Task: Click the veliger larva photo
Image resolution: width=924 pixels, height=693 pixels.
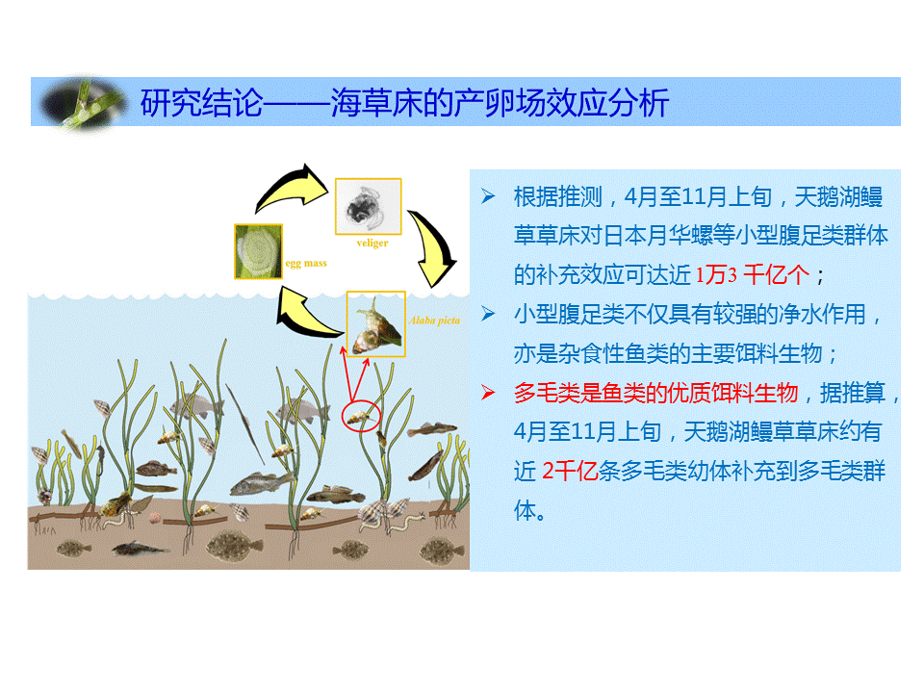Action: click(369, 206)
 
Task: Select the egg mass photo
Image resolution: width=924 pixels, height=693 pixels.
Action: click(258, 251)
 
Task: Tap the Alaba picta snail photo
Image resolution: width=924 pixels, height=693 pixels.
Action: click(376, 324)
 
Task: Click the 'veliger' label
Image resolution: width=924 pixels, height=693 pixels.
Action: click(372, 243)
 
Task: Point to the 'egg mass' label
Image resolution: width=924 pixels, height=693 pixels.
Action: click(306, 263)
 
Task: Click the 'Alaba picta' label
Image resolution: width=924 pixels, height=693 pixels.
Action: click(434, 321)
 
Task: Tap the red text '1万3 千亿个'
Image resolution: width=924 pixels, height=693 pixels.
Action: click(753, 274)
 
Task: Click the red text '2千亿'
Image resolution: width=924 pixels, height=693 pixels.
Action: click(570, 472)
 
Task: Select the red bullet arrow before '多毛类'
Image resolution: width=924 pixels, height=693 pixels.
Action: click(488, 392)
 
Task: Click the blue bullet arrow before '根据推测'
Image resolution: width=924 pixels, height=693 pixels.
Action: click(488, 196)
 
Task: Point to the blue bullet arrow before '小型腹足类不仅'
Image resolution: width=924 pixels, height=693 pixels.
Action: click(488, 314)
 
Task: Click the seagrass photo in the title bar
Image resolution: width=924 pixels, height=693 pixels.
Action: click(83, 103)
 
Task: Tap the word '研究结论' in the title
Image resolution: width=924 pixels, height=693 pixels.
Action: click(201, 103)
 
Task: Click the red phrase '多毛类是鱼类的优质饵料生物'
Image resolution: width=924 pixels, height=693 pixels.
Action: click(655, 393)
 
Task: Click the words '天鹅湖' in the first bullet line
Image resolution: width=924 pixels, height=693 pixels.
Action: click(827, 196)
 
